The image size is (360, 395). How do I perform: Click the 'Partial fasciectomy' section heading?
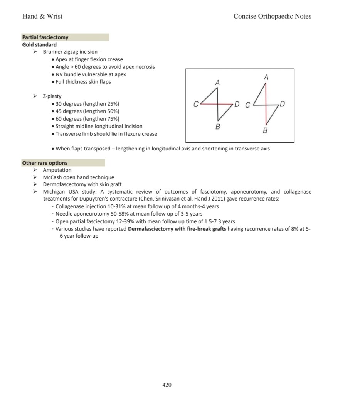pos(45,37)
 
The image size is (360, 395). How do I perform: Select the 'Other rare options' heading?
pos(45,163)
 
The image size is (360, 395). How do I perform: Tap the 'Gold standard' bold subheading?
pos(39,45)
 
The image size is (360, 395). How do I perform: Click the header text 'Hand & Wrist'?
pos(42,16)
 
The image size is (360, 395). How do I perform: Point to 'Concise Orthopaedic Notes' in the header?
pos(272,16)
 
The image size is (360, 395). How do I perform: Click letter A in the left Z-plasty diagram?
pos(217,83)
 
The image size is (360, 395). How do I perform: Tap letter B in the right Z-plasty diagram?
pos(265,130)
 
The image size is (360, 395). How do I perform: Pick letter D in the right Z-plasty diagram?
pos(283,104)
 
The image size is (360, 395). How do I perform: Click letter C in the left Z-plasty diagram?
pos(196,104)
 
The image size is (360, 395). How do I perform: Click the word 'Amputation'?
pos(57,170)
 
